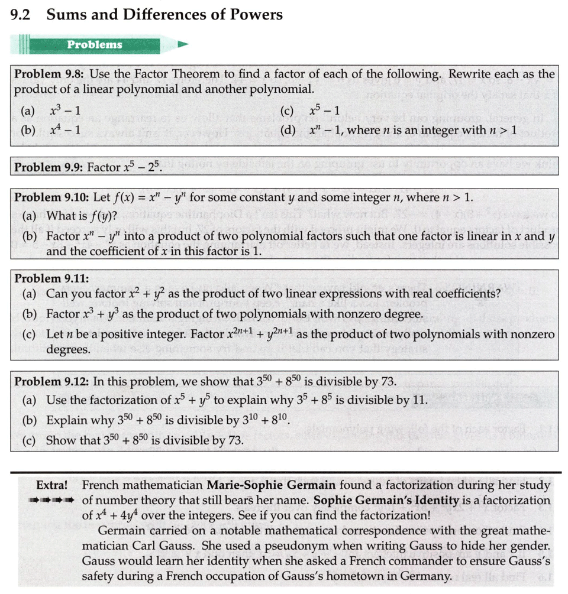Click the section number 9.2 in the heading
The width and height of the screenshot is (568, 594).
[x=20, y=15]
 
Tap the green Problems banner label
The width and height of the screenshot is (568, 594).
[x=95, y=45]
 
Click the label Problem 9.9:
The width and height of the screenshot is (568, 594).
[x=49, y=167]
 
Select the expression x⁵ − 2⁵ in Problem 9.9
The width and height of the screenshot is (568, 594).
[x=124, y=167]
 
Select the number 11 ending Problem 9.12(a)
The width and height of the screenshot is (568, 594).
[x=419, y=401]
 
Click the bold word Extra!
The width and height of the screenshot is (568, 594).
[x=52, y=486]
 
